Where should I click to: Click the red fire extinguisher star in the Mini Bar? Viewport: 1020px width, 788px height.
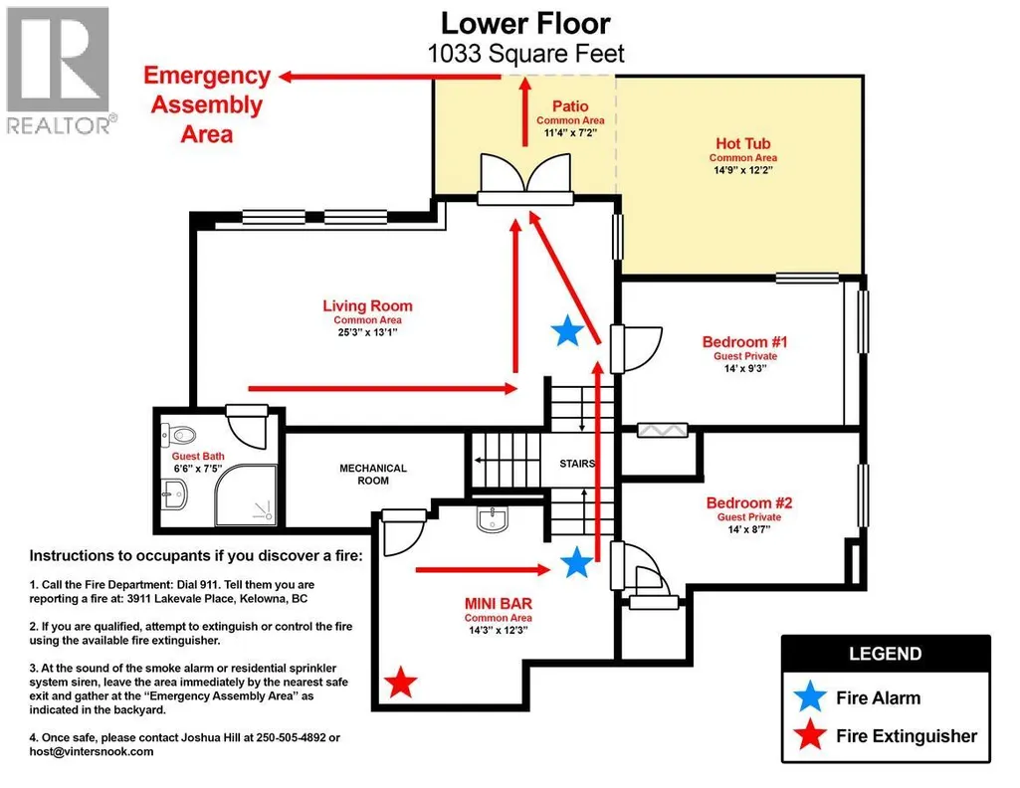tap(400, 683)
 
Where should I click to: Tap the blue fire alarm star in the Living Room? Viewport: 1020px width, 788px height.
tap(567, 330)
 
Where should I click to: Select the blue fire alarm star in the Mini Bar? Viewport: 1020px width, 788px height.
tap(576, 562)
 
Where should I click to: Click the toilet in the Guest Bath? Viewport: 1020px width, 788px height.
tap(179, 434)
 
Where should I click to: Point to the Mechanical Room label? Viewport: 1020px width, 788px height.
tap(373, 474)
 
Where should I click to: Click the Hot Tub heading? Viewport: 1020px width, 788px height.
tap(743, 143)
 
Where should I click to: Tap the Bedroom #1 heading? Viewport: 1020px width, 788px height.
tap(744, 342)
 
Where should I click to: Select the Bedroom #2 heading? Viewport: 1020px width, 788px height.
tap(749, 502)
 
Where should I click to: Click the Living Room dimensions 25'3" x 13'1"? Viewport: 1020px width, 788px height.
tap(367, 332)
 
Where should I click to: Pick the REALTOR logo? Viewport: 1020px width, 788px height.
tap(59, 71)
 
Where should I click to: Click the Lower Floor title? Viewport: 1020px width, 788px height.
tap(525, 24)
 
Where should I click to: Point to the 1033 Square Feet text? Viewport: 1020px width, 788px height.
tap(525, 54)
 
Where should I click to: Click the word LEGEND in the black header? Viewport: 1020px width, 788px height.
tap(886, 654)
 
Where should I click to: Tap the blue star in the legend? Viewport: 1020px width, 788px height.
tap(811, 697)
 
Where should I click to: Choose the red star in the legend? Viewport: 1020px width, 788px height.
tap(811, 735)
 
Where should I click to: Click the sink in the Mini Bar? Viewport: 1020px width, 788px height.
tap(493, 519)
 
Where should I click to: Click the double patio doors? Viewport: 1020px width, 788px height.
tap(525, 180)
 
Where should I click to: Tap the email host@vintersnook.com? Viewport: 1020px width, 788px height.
tap(92, 751)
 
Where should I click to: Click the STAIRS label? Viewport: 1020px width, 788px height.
tap(577, 464)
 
